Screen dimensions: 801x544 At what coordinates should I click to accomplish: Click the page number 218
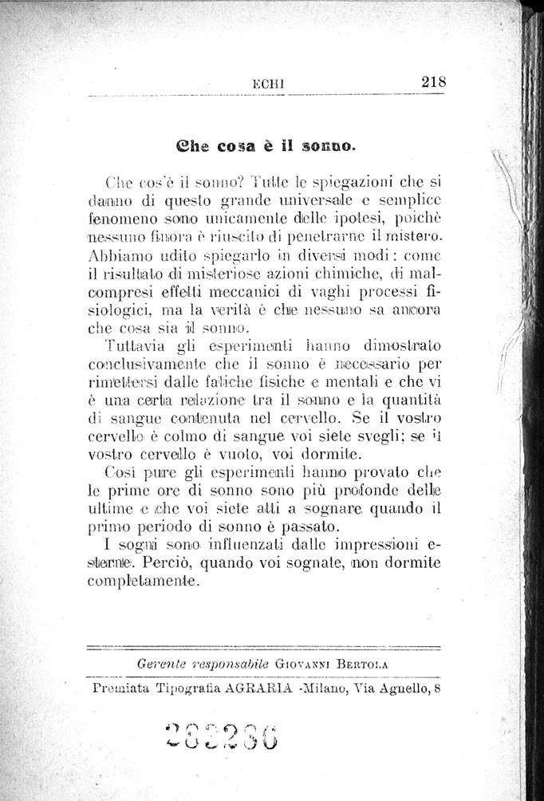pos(432,81)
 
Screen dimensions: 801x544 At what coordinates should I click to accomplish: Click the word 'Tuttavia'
pos(132,345)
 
